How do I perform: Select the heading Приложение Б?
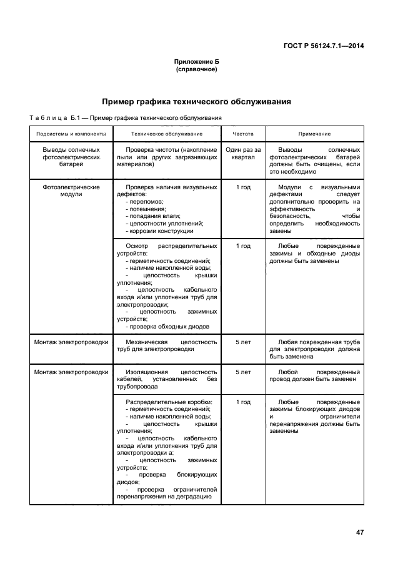[x=196, y=62]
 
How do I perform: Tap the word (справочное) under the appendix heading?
[x=196, y=69]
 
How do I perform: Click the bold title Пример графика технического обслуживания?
[x=196, y=102]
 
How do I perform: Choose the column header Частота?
[x=243, y=134]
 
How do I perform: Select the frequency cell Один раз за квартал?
[x=243, y=154]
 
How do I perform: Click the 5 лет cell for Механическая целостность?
[x=243, y=342]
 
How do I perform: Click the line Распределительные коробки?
[x=169, y=401]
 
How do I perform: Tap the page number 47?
[x=360, y=532]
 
